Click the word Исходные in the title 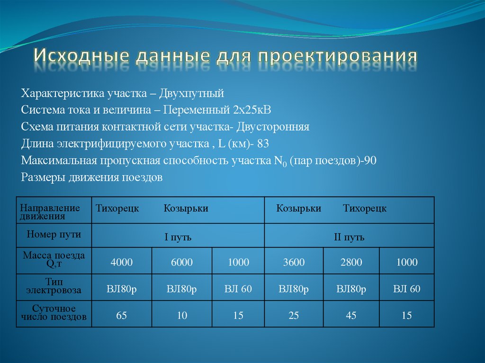pyautogui.click(x=81, y=56)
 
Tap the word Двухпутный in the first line pyautogui.click(x=191, y=92)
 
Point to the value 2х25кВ pyautogui.click(x=251, y=110)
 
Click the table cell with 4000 pyautogui.click(x=122, y=262)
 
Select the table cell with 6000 pyautogui.click(x=182, y=262)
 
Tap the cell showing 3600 pyautogui.click(x=294, y=262)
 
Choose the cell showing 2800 pyautogui.click(x=351, y=262)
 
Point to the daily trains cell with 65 pyautogui.click(x=122, y=315)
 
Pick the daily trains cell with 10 pyautogui.click(x=182, y=315)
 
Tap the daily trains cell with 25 pyautogui.click(x=294, y=315)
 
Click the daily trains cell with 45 pyautogui.click(x=351, y=315)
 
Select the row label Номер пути pyautogui.click(x=54, y=234)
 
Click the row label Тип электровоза pyautogui.click(x=54, y=286)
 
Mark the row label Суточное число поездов pyautogui.click(x=54, y=313)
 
